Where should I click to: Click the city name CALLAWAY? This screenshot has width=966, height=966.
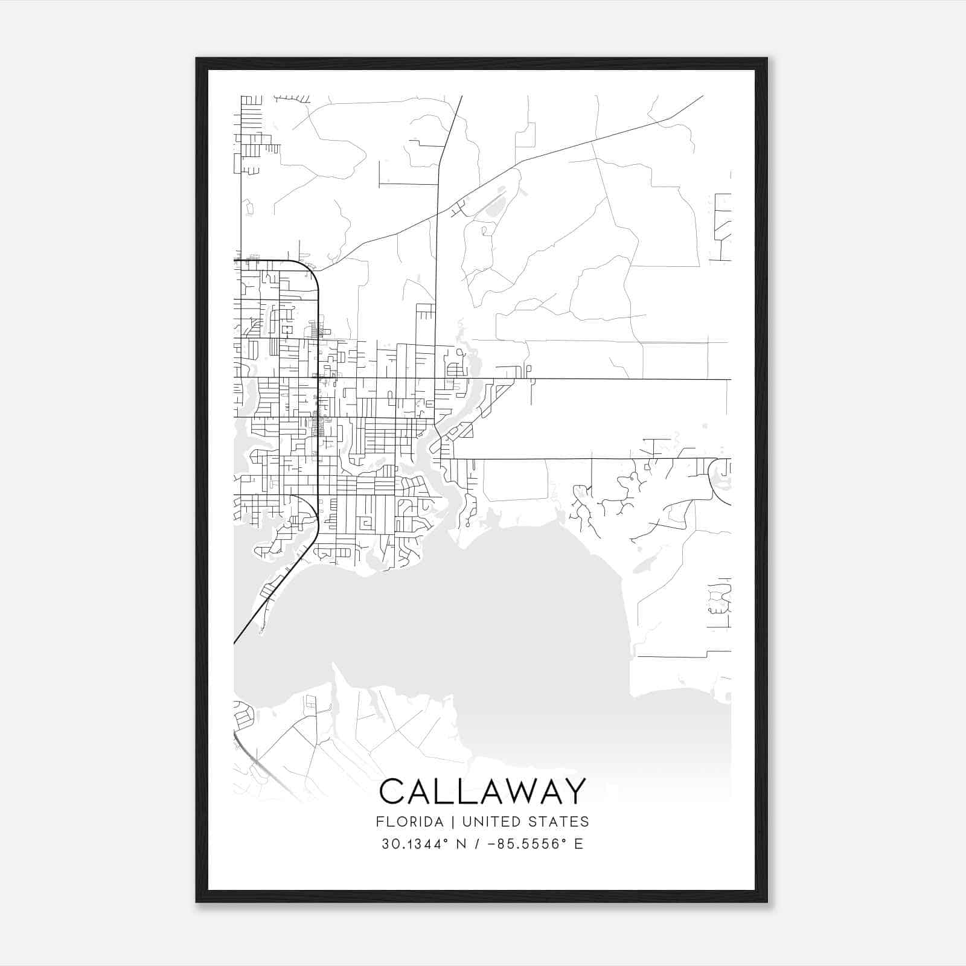pos(482,791)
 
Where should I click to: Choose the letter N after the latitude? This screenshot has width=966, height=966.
pos(461,844)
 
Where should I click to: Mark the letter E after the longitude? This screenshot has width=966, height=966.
pos(578,844)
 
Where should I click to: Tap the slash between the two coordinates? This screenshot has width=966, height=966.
pos(477,844)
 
